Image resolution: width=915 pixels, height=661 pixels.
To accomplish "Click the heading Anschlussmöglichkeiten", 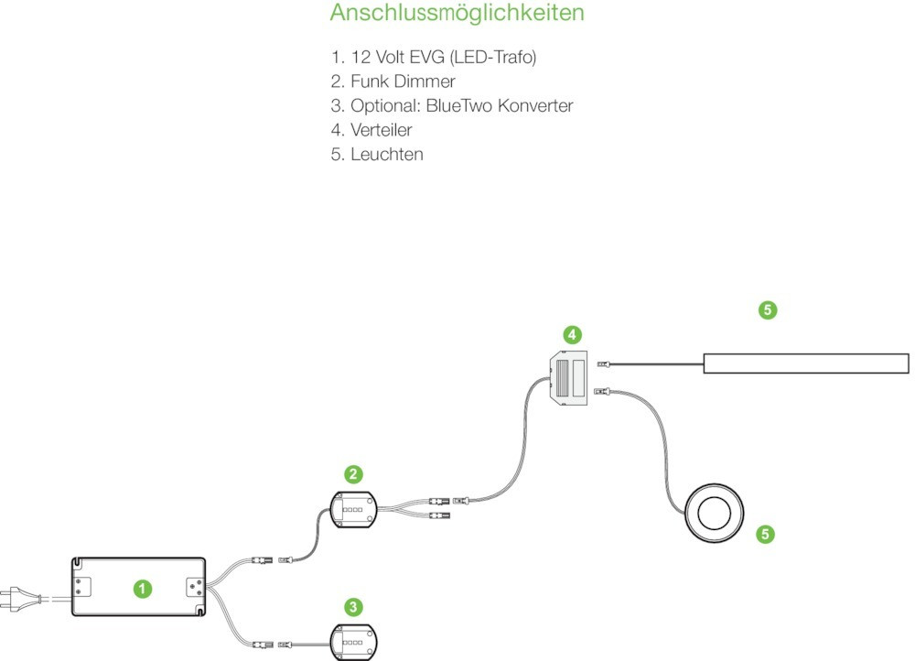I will click(457, 15).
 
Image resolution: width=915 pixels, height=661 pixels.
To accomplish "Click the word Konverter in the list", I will click(531, 105).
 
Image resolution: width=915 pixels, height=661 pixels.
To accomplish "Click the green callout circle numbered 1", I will click(142, 589).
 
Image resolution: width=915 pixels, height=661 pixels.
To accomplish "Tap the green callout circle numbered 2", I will click(353, 474).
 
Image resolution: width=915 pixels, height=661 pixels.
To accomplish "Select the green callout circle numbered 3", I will click(354, 606).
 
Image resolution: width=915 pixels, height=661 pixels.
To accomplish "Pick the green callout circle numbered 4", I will click(572, 335).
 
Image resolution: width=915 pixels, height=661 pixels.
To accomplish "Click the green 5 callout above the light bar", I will click(768, 310).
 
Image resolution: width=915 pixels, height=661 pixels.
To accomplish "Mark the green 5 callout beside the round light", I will click(767, 533).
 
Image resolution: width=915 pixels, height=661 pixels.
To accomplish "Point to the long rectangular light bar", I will click(805, 363).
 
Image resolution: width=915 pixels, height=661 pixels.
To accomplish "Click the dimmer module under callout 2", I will click(352, 509).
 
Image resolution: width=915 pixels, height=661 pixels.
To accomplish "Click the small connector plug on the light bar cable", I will click(603, 364).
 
